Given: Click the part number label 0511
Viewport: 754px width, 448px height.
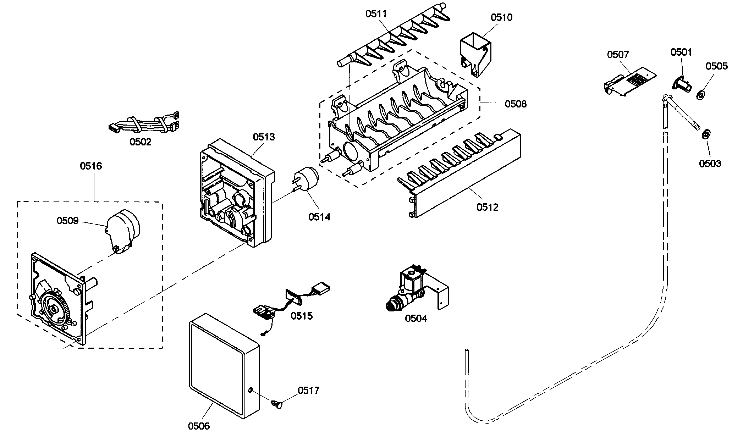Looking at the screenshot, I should [376, 14].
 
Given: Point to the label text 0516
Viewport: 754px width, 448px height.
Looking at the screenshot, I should [91, 166].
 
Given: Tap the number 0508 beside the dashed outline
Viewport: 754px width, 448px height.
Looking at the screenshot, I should [516, 104].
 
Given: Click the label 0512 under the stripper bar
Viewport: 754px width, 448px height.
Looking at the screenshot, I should [487, 207].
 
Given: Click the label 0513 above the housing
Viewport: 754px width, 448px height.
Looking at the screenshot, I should [264, 137].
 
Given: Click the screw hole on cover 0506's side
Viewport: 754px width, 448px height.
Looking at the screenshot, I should [250, 390].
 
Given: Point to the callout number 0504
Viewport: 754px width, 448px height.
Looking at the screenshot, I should [416, 319].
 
